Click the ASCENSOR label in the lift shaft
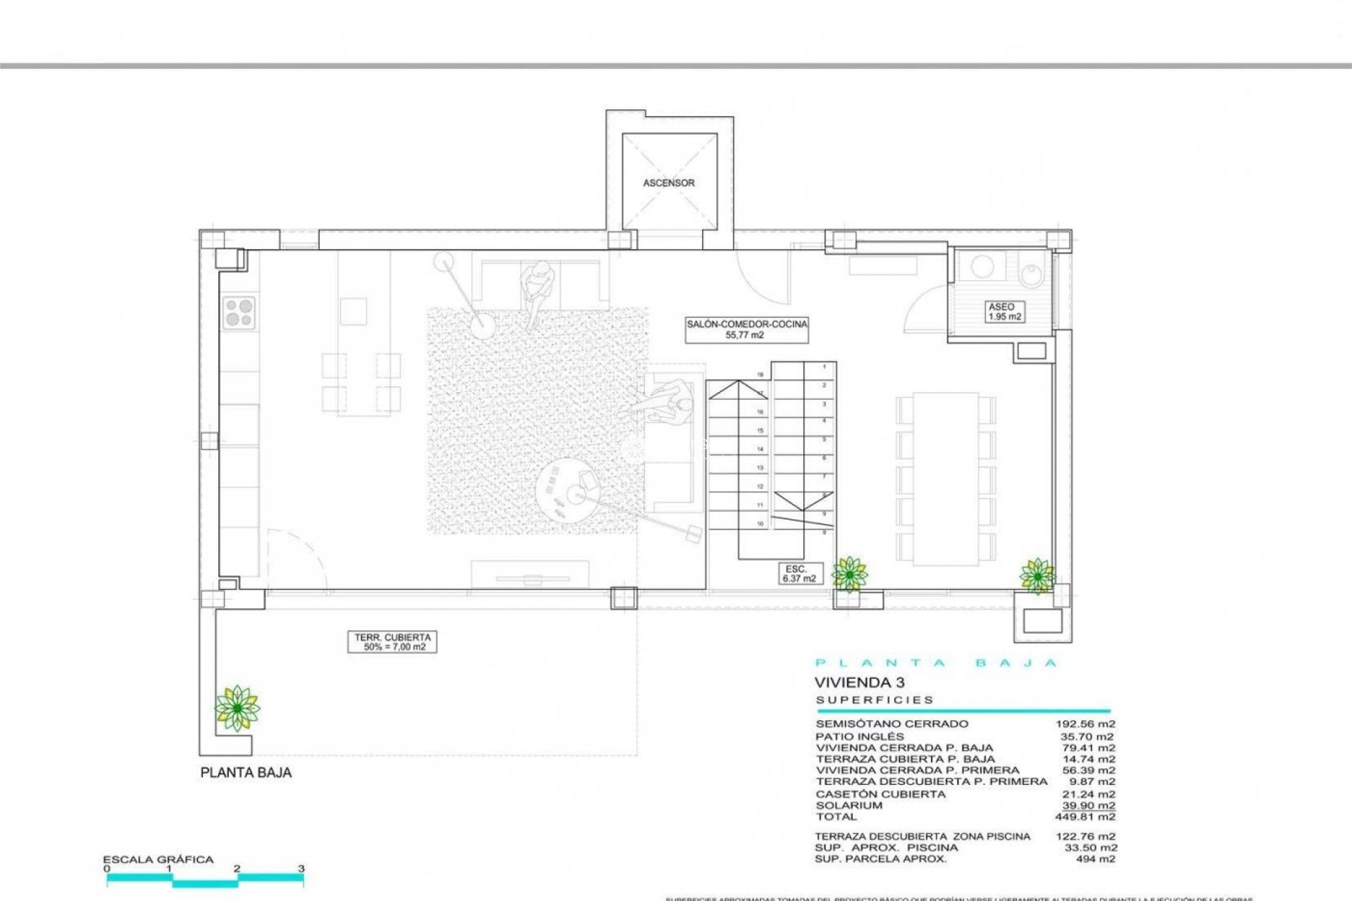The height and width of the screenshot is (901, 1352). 668,183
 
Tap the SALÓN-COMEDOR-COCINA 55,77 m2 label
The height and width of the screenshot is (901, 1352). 747,329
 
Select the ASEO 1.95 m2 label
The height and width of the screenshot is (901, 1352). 1001,312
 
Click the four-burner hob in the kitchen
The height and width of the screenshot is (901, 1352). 239,313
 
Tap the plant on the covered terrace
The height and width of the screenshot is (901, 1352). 237,707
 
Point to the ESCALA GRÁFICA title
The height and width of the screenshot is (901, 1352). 158,859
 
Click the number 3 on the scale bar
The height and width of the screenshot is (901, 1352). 301,869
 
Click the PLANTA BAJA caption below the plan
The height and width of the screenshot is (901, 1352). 246,773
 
